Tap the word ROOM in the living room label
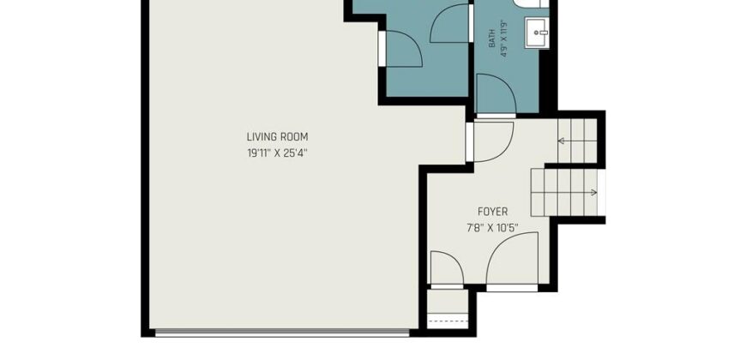pyautogui.click(x=294, y=137)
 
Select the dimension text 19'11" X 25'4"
pyautogui.click(x=277, y=153)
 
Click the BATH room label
pyautogui.click(x=492, y=39)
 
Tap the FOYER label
pyautogui.click(x=492, y=212)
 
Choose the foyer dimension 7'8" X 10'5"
pyautogui.click(x=492, y=228)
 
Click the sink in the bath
pyautogui.click(x=537, y=33)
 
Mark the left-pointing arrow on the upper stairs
pyautogui.click(x=577, y=141)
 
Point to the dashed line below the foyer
pyautogui.click(x=448, y=321)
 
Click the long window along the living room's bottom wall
pyautogui.click(x=282, y=333)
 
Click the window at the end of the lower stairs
pyautogui.click(x=602, y=193)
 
